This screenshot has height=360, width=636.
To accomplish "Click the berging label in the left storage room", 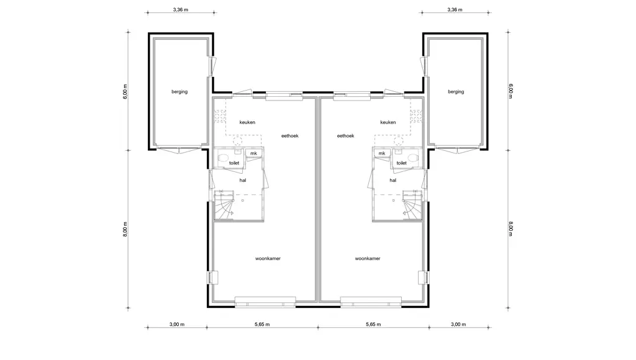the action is click(179, 92).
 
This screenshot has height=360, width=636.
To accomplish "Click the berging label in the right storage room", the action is click(456, 92).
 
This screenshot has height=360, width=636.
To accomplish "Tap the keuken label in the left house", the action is click(247, 122).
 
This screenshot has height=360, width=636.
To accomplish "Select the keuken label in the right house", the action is click(388, 122).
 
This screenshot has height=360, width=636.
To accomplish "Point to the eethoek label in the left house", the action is click(290, 136).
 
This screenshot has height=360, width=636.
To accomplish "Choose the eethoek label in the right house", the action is click(345, 136).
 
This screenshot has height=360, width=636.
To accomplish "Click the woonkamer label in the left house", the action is click(268, 258).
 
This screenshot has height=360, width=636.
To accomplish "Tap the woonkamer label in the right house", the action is click(368, 258).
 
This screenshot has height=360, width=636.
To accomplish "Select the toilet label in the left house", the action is click(234, 163).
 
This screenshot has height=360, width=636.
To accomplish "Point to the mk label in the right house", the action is click(382, 153).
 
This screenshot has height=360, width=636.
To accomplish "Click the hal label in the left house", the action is click(243, 180).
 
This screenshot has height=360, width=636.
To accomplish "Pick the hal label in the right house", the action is click(393, 180).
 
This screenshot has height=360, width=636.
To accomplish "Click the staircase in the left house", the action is click(224, 205).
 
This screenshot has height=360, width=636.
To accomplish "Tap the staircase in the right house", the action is click(412, 205).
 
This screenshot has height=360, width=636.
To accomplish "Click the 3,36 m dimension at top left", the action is click(181, 10).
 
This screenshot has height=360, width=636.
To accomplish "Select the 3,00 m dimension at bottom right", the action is click(458, 325).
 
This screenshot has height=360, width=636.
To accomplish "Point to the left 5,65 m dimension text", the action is click(262, 325).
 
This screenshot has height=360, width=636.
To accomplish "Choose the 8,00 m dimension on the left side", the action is click(125, 229).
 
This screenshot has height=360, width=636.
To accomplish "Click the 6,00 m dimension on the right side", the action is click(511, 91).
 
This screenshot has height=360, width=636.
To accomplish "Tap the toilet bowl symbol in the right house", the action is click(413, 157).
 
